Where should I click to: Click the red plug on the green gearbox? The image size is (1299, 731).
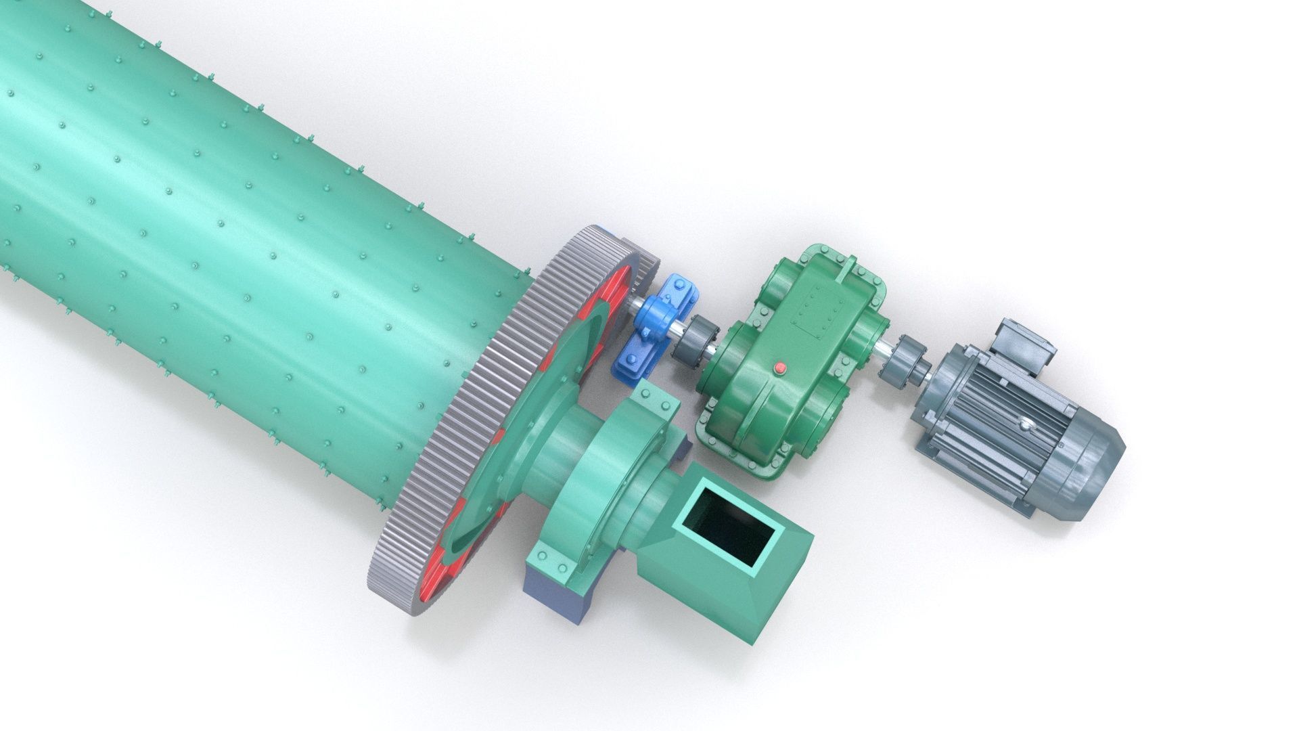click(x=779, y=368)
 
